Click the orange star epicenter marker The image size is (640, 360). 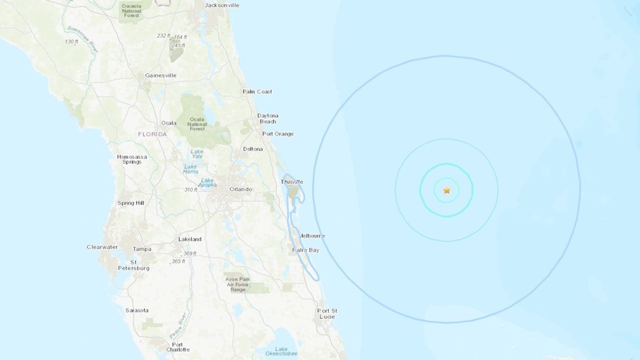point(447,191)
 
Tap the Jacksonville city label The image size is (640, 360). point(222,5)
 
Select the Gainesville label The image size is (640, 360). point(161,75)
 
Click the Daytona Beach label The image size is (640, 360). point(267,119)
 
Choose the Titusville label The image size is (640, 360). point(292,181)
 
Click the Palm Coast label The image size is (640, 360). point(257,92)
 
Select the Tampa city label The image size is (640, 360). point(142,249)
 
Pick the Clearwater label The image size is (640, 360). point(102,247)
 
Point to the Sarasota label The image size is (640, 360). point(137,310)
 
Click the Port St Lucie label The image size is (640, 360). point(327,313)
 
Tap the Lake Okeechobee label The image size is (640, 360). point(281,352)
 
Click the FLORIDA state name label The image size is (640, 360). point(153,135)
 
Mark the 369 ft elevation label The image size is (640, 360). point(189,254)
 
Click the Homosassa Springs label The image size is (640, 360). point(132,160)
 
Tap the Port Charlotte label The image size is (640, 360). point(177,348)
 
